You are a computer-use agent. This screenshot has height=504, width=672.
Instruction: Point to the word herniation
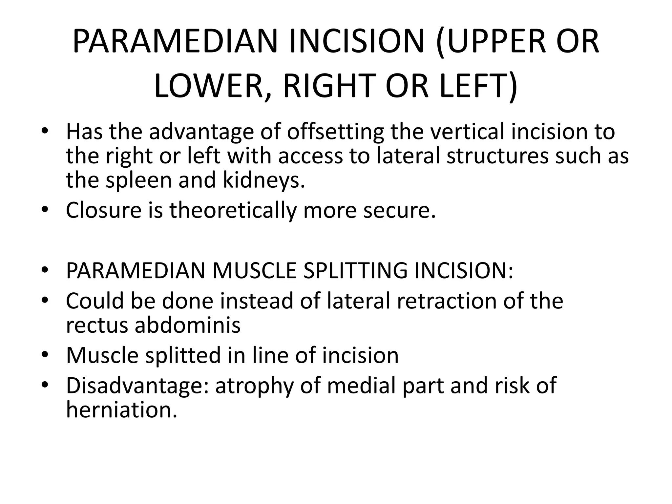click(x=122, y=410)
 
